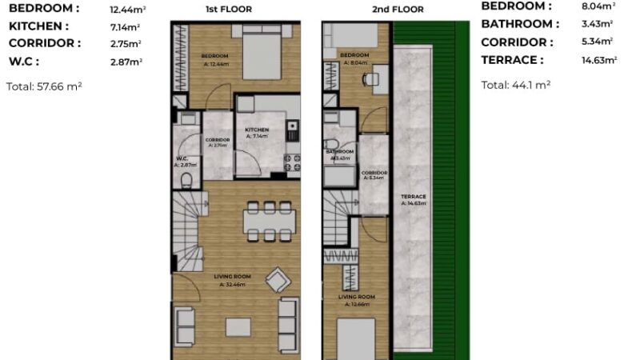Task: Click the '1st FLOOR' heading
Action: click(x=235, y=10)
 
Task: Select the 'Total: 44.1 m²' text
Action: click(x=515, y=85)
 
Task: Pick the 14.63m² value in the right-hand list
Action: click(x=598, y=60)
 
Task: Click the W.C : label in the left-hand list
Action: click(x=23, y=61)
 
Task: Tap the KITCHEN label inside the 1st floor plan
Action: click(x=256, y=130)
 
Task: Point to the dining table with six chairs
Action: click(x=263, y=220)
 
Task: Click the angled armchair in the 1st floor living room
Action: click(x=278, y=280)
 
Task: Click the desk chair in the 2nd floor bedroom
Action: click(x=369, y=78)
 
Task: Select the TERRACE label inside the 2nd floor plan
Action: click(x=414, y=197)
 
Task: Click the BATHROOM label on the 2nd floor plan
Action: click(x=339, y=151)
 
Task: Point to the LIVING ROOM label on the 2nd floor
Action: click(x=359, y=298)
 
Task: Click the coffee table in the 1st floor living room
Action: click(x=238, y=326)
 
